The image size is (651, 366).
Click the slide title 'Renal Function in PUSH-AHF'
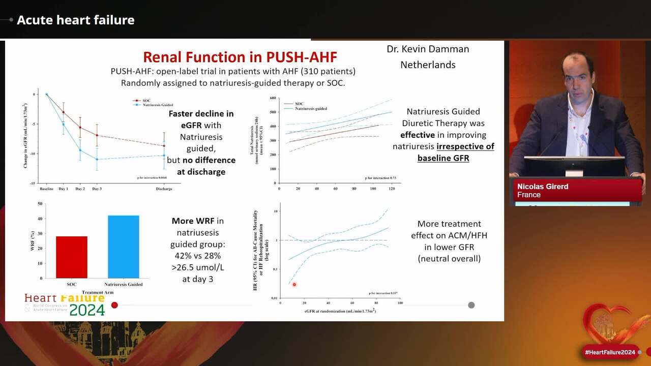coord(240,56)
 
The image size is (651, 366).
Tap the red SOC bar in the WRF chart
coord(72,257)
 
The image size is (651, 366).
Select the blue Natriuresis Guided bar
coord(123,247)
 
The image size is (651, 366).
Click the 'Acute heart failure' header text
coord(76,20)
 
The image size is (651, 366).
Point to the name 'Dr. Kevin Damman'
coord(428,49)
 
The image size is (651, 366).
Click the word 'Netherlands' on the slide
coord(428,65)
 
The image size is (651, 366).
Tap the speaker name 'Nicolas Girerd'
coord(543,187)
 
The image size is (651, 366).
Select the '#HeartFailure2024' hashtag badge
coord(610,352)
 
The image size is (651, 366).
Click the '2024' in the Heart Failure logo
coord(87,310)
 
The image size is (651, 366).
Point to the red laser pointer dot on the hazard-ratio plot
coord(294,285)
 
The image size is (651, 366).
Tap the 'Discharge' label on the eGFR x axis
coord(164,189)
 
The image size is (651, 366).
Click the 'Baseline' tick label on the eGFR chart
coord(47,189)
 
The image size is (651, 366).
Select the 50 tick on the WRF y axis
coord(40,204)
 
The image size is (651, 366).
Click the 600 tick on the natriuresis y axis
coord(273,98)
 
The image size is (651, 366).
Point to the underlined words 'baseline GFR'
coord(443,158)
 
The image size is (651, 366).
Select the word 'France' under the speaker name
coord(529,195)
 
